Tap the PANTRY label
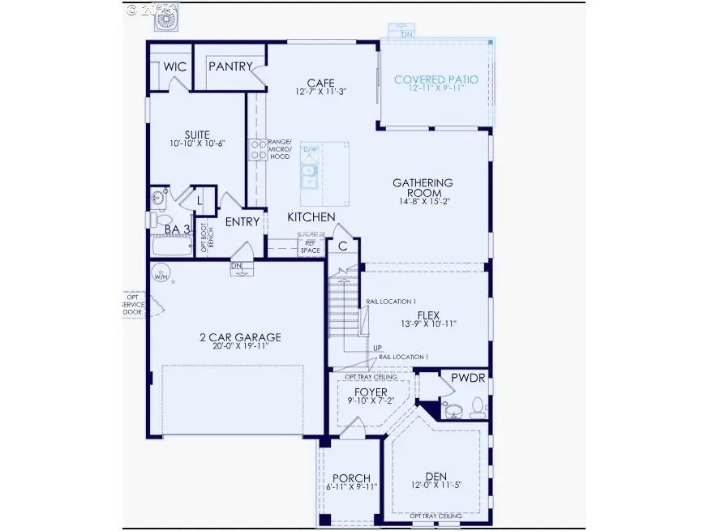[232, 66]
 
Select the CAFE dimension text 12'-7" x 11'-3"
[315, 92]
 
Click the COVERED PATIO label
[436, 79]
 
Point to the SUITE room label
[196, 134]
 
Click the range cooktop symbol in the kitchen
[258, 150]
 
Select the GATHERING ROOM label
[423, 188]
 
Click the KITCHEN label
[311, 217]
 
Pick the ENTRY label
[242, 221]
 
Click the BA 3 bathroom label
[177, 229]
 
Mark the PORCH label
[351, 478]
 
